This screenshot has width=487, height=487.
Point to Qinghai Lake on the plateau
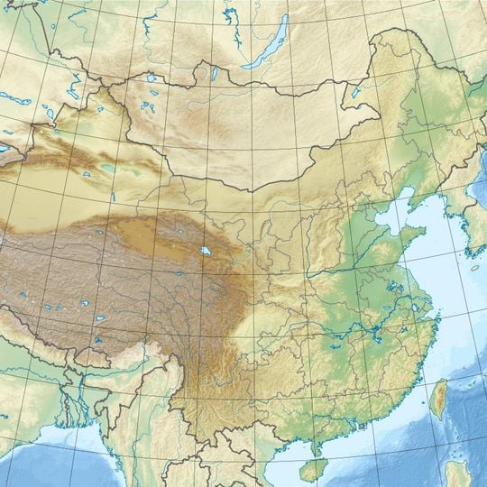coord(206,252)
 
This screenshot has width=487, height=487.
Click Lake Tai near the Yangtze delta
coord(417,307)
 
